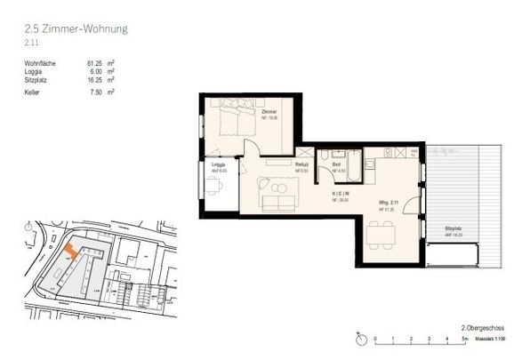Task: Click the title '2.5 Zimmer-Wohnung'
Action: [x=76, y=29]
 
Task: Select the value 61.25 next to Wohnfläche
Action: [x=96, y=64]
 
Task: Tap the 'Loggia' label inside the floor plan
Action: [x=217, y=164]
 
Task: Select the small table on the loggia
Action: [x=213, y=185]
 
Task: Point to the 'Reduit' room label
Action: [x=301, y=164]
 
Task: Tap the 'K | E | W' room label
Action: [x=341, y=193]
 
